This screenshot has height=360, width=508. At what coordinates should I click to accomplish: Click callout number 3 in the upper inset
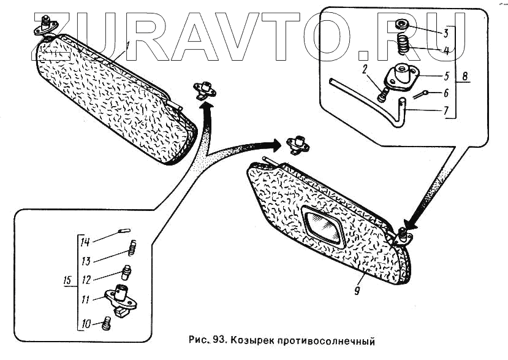point(446,32)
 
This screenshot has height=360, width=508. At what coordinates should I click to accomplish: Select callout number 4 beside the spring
point(446,51)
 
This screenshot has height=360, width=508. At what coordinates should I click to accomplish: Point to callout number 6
point(446,93)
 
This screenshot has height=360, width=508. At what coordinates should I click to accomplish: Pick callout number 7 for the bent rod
point(446,111)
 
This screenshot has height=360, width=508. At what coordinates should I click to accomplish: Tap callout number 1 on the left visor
point(127,45)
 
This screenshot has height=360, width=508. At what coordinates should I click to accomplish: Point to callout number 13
point(86,261)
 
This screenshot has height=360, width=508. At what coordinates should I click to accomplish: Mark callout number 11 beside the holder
point(86,301)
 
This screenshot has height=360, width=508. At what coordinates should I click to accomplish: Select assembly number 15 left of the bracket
point(68,281)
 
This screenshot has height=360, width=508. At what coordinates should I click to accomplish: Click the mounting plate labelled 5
point(402,77)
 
